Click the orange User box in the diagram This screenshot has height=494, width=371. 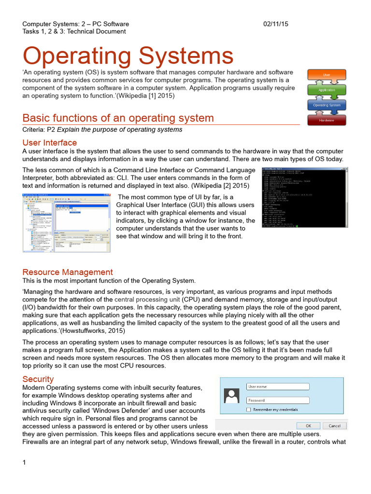(x=327, y=75)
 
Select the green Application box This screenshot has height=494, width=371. (x=327, y=90)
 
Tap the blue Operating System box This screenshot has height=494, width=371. (x=327, y=105)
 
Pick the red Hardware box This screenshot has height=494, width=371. (x=327, y=119)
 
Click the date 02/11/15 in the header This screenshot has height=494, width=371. (x=275, y=24)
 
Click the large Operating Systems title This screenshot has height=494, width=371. (x=128, y=56)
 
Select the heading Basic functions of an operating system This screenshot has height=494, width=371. (x=118, y=118)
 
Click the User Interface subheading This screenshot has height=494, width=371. (x=50, y=143)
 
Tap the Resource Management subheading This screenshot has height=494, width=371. (x=68, y=272)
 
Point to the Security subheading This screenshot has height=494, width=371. (x=38, y=379)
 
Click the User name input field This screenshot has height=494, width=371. (x=277, y=386)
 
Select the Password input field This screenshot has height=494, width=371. (x=277, y=400)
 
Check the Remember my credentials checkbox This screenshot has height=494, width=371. (x=248, y=410)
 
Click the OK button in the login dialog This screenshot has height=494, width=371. (x=309, y=425)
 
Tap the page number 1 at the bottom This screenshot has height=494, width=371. (x=24, y=463)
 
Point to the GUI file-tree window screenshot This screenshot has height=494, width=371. (x=66, y=222)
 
